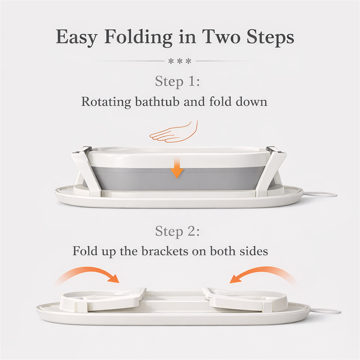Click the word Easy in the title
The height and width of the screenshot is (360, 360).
pos(77,37)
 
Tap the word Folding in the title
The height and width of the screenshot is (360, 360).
pos(139,36)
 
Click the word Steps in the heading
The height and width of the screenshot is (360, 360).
pos(270,37)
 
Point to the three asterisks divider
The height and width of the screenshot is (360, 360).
pos(180,61)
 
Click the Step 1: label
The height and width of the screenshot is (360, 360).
pos(177,81)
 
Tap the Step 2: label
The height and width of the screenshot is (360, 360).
pos(177,231)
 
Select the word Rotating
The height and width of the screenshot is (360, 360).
pos(106,102)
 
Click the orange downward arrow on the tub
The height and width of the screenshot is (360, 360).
pos(177,169)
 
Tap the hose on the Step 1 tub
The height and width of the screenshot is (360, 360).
pos(321,194)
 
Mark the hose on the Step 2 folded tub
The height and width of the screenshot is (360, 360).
pos(325,311)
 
